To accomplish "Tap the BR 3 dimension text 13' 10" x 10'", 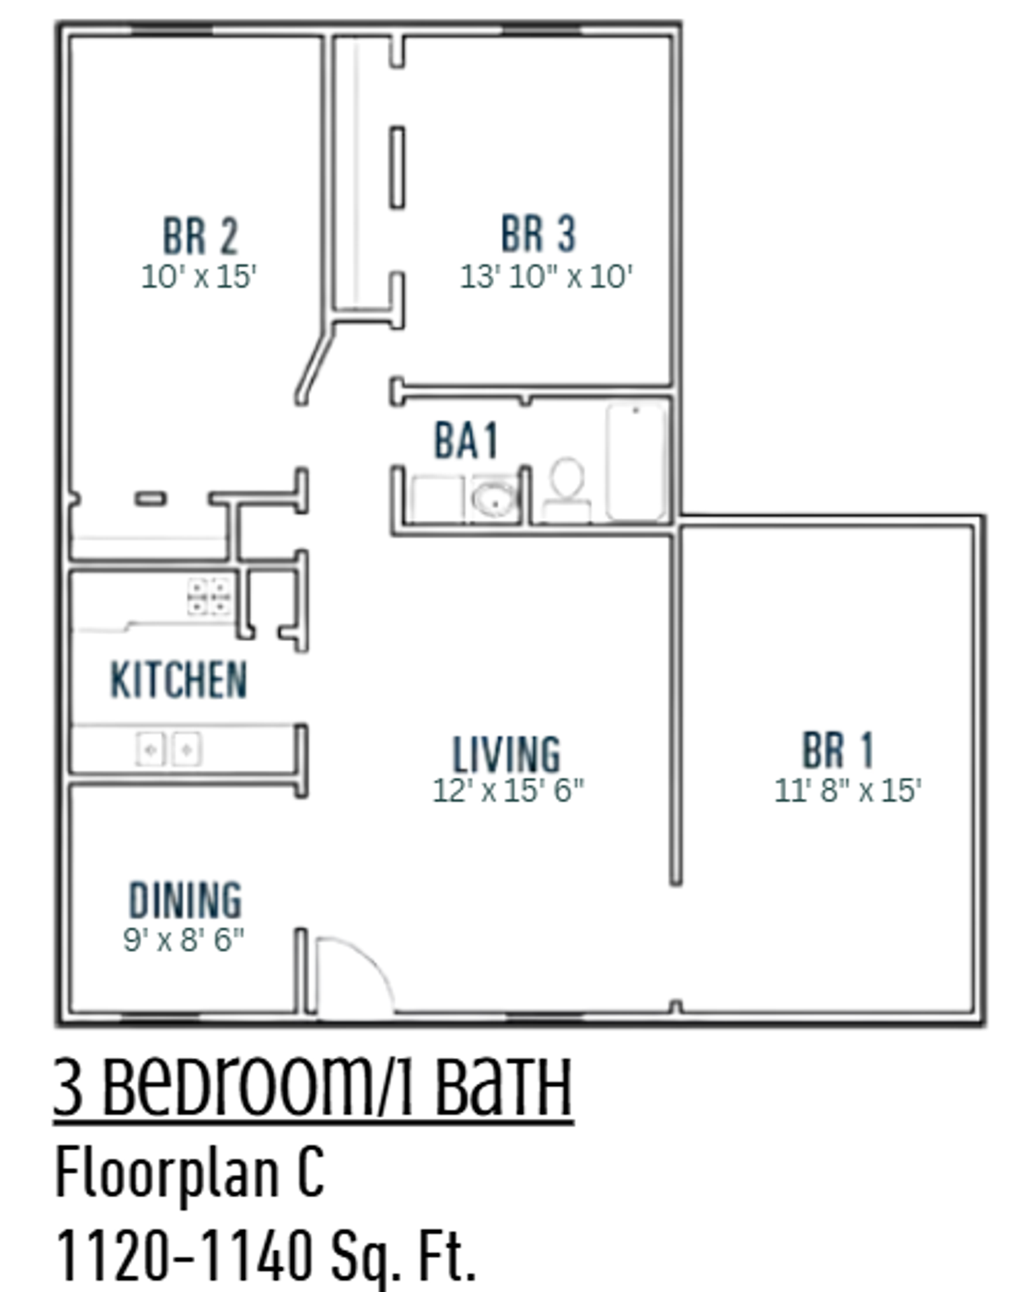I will [545, 277].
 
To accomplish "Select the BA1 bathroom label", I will [466, 441].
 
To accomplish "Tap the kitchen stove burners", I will [209, 596].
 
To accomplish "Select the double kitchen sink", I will [168, 749].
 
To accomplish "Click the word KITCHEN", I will [178, 680].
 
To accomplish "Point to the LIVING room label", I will [506, 754].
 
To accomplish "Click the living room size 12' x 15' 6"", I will [508, 791].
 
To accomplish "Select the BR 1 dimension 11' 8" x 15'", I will [847, 791].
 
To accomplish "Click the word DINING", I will [185, 900].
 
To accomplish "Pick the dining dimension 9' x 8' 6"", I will [183, 939].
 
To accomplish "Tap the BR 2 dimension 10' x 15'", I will [199, 277].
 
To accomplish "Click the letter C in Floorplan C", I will [310, 1174].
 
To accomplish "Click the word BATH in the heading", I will [503, 1089].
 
